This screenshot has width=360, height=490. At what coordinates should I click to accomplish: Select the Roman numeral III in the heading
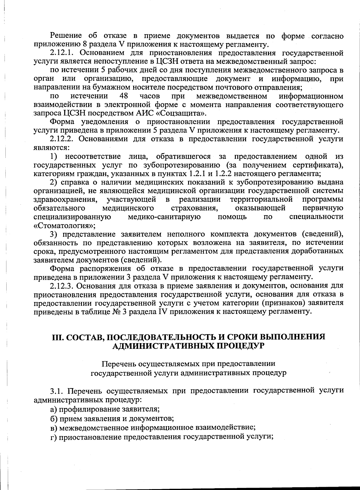[x=57, y=337]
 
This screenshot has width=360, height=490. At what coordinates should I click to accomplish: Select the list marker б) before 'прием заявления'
[x=53, y=418]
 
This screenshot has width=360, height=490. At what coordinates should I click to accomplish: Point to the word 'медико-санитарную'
[x=164, y=217]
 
